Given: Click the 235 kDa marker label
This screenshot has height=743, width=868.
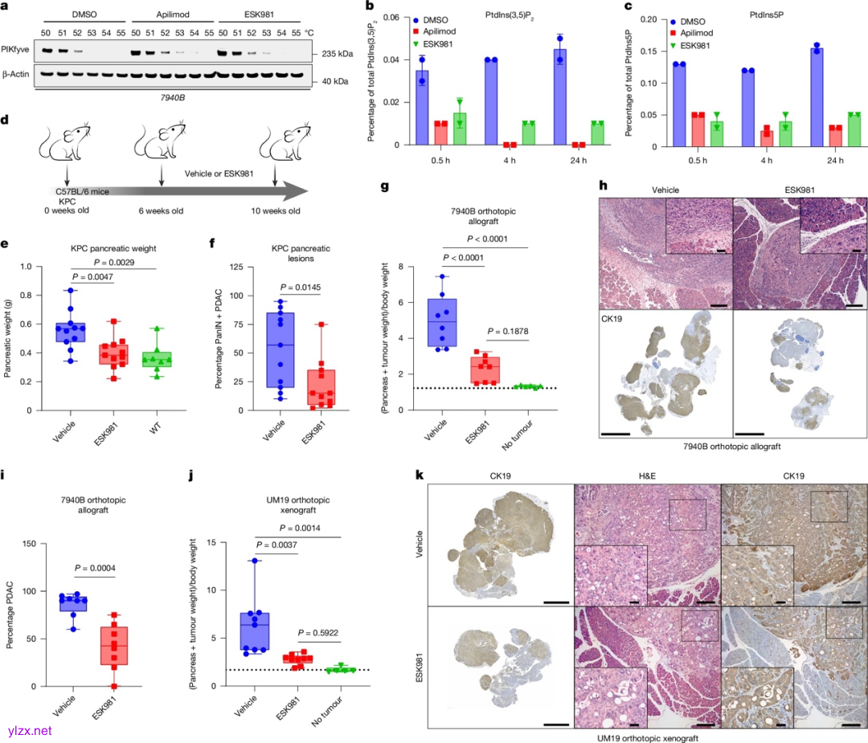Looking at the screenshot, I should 331,55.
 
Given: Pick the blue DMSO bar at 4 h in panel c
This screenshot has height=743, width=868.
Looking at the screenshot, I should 749,108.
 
